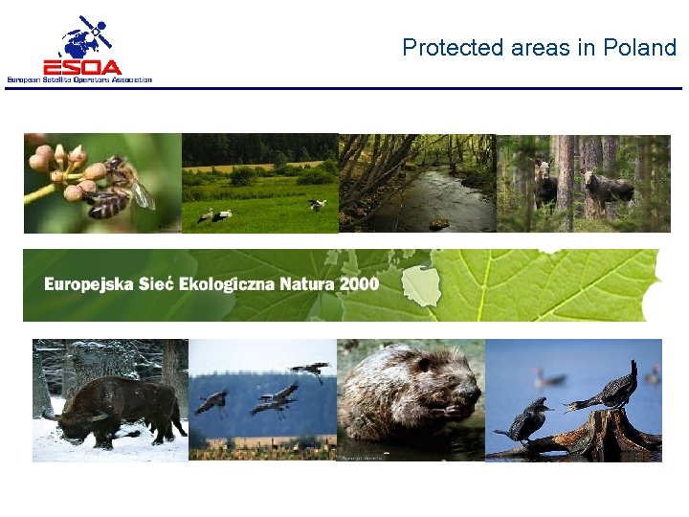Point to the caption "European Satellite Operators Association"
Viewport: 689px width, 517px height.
click(x=79, y=79)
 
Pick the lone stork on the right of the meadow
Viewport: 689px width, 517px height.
click(x=316, y=204)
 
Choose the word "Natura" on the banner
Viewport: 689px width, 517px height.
click(x=308, y=283)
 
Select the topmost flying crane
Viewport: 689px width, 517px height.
click(x=309, y=370)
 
